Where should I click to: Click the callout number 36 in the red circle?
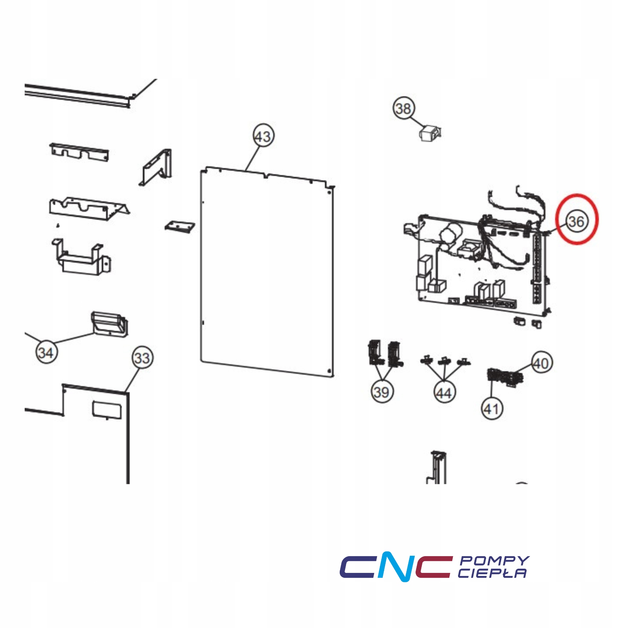coord(576,221)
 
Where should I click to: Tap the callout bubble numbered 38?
coord(404,108)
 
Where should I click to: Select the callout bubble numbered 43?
coord(263,135)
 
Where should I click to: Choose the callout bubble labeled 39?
coord(382,391)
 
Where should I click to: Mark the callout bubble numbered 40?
coord(541,363)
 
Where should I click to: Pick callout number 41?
coord(492,409)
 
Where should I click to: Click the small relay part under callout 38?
coord(431,133)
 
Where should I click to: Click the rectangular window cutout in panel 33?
coord(107,410)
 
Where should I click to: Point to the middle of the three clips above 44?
coord(444,361)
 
